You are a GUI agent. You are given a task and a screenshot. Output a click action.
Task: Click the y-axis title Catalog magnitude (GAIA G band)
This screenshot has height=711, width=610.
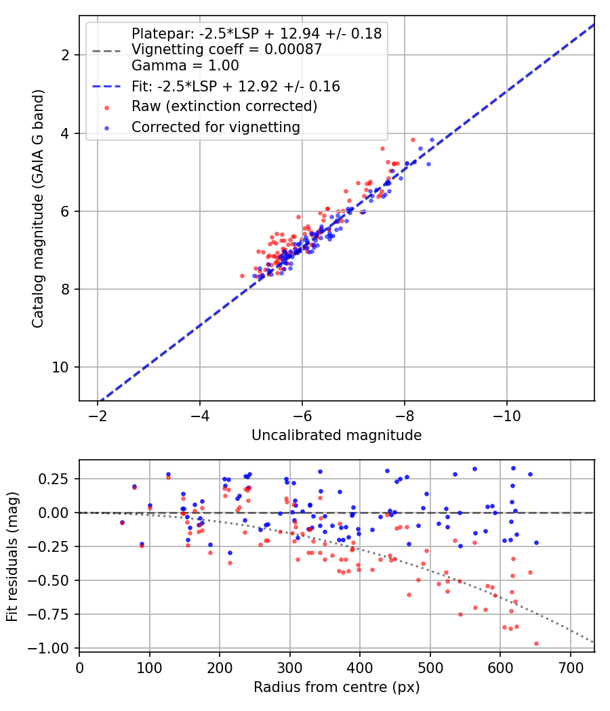point(38,209)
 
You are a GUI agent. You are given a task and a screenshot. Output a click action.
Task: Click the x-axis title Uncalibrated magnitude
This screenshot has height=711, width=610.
point(337,435)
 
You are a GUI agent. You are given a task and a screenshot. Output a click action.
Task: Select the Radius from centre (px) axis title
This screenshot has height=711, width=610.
point(337,687)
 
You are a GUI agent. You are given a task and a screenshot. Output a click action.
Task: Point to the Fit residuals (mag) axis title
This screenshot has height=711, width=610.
point(12,557)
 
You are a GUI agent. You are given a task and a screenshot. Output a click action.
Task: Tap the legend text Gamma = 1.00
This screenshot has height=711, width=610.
point(185,66)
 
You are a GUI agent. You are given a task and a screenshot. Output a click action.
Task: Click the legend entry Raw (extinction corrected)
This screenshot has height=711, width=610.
point(224,106)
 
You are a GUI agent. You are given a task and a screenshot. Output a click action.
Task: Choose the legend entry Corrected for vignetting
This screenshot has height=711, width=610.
point(216,127)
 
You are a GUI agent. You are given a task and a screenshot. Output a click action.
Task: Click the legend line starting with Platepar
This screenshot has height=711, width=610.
point(256,34)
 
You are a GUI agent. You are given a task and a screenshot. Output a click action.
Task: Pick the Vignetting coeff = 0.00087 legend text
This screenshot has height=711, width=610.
point(227,49)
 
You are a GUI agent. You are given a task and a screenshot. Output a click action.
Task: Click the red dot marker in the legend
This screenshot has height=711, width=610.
point(106,108)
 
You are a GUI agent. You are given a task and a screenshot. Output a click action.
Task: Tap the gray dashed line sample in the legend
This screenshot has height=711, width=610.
point(106,51)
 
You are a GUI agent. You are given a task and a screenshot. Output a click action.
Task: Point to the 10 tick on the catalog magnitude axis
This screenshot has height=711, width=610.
point(60,367)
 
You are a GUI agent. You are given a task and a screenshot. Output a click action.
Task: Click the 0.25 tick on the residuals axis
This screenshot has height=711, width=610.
point(54,479)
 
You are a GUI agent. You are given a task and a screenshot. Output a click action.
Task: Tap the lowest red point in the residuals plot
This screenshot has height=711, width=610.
point(537,643)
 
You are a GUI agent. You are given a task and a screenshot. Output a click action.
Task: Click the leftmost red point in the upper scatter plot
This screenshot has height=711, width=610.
point(243,276)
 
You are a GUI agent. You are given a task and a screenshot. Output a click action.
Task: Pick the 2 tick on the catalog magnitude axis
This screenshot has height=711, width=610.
point(65,56)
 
